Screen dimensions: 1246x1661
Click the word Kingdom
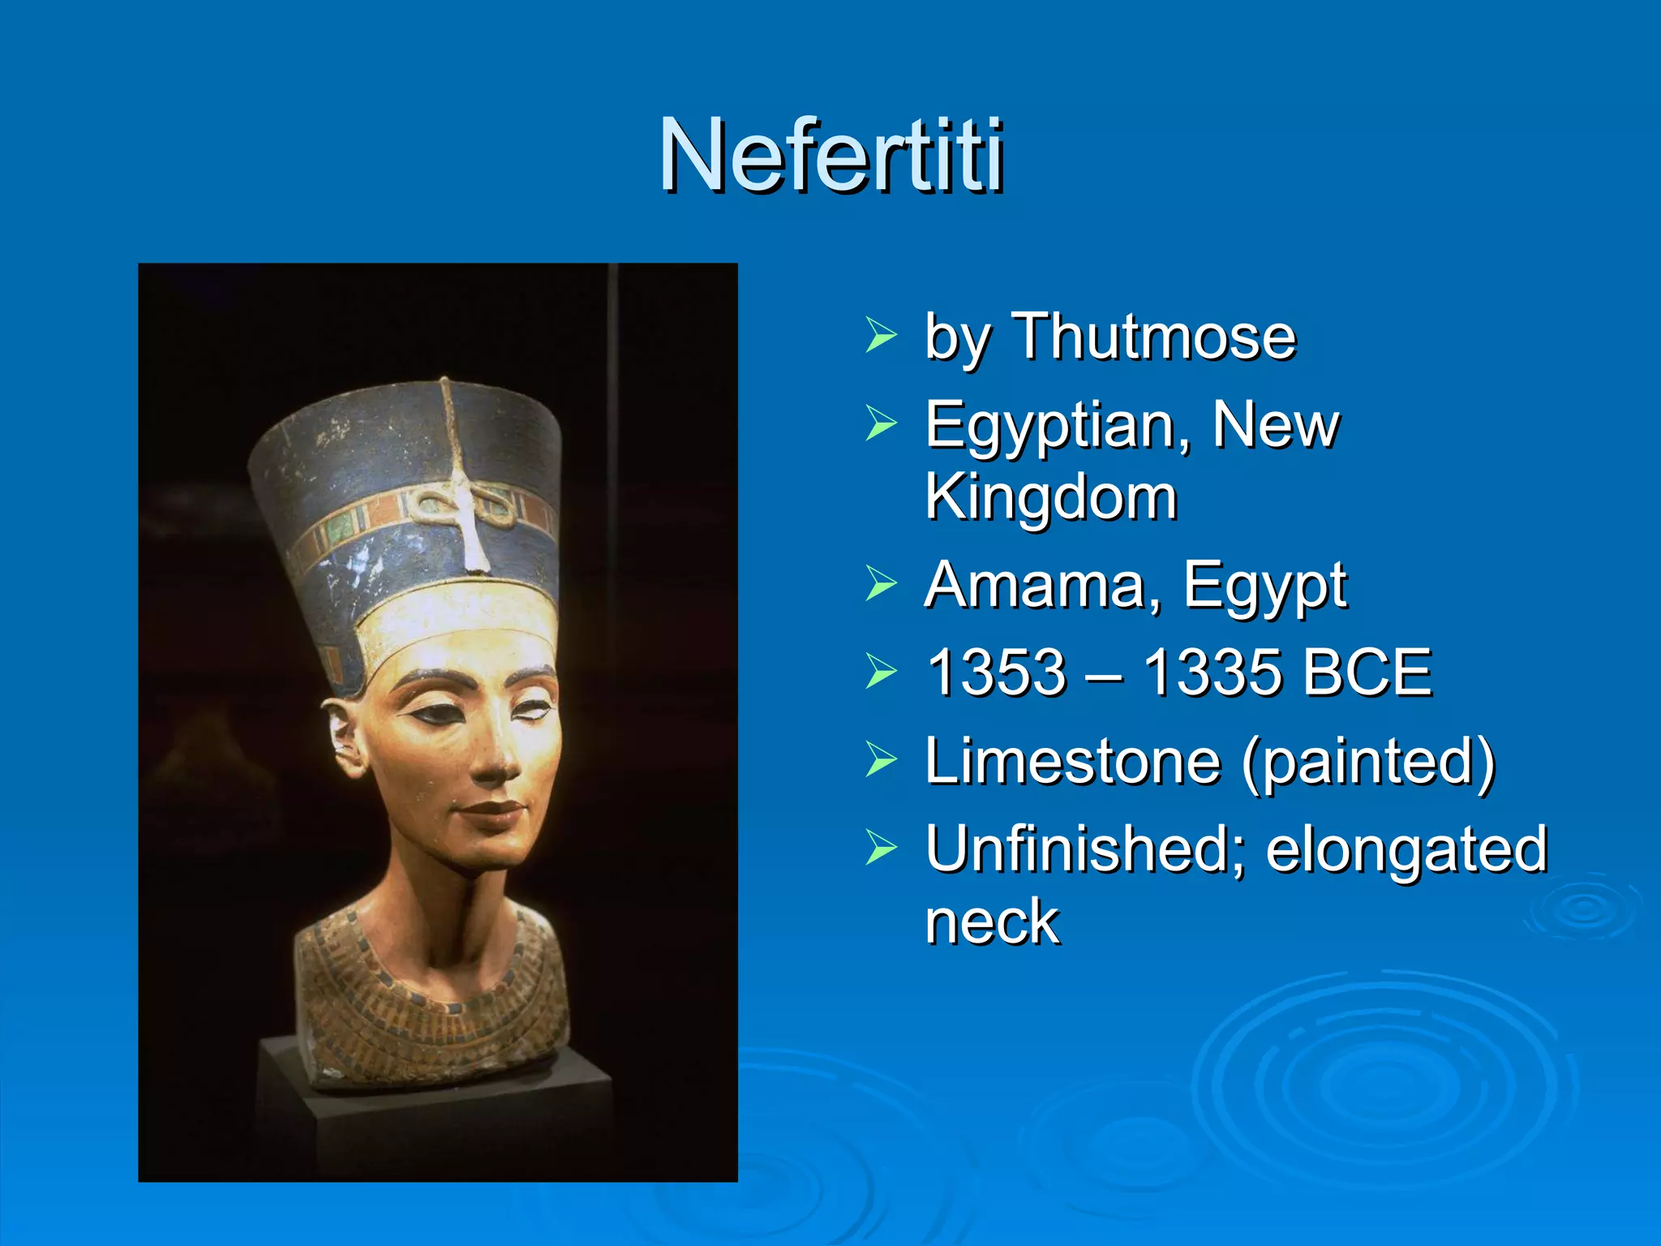tap(1051, 496)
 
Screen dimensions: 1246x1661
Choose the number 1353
tap(996, 672)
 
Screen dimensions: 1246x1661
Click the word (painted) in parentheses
tap(1368, 763)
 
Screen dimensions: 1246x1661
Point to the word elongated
tap(1406, 850)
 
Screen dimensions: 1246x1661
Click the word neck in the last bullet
tap(992, 922)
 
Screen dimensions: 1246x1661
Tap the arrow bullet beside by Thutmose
tap(881, 335)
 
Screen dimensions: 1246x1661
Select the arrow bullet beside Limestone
tap(881, 760)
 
